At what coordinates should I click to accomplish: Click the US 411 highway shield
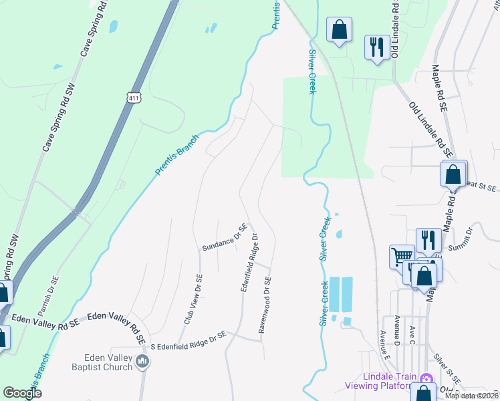coord(135,98)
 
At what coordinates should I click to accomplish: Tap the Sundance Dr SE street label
coord(225,238)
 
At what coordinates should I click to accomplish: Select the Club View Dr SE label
coord(192,299)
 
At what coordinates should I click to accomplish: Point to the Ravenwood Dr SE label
coord(264,305)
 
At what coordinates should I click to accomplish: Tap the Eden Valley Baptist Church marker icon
coord(142,362)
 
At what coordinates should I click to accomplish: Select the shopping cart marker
coord(402,256)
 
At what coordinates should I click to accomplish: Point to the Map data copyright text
coord(471,396)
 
